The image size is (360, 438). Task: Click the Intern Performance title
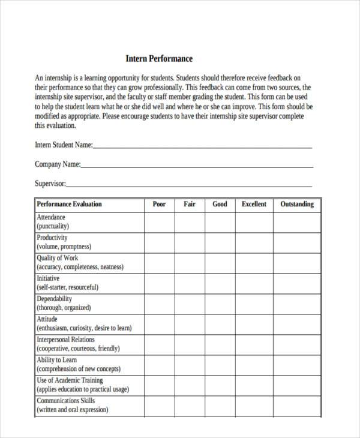click(159, 59)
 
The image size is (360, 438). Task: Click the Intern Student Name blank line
click(202, 146)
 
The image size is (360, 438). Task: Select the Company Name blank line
click(197, 166)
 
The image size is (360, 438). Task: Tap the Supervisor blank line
click(189, 185)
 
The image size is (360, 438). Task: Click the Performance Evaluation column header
click(70, 204)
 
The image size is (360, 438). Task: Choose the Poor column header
click(159, 204)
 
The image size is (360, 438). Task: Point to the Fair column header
click(190, 204)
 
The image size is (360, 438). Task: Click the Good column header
click(220, 204)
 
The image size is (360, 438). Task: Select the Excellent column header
click(254, 204)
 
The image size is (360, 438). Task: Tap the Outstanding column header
click(297, 204)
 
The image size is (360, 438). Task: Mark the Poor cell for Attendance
click(159, 222)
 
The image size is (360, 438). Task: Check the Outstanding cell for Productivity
click(297, 242)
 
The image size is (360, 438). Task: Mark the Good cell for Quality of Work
click(220, 263)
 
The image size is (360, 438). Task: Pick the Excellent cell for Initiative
click(254, 283)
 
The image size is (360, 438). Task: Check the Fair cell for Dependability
click(190, 304)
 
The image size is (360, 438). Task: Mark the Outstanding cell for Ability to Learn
click(297, 365)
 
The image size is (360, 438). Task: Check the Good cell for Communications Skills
click(220, 406)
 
